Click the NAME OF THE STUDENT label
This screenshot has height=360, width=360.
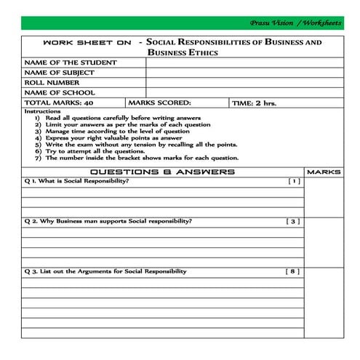[x=69, y=63]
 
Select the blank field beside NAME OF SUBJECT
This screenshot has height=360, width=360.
[x=245, y=73]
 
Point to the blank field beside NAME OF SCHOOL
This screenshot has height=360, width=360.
[x=245, y=93]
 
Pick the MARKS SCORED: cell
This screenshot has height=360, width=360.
[x=160, y=103]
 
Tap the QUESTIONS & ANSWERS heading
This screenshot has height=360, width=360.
[x=161, y=172]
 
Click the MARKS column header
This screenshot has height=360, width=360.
[x=324, y=172]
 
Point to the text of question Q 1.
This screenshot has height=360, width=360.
[x=76, y=181]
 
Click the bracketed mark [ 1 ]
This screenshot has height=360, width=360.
[x=293, y=181]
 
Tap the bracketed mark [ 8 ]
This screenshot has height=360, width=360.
[x=292, y=271]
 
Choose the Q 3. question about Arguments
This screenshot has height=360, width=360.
[x=105, y=271]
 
